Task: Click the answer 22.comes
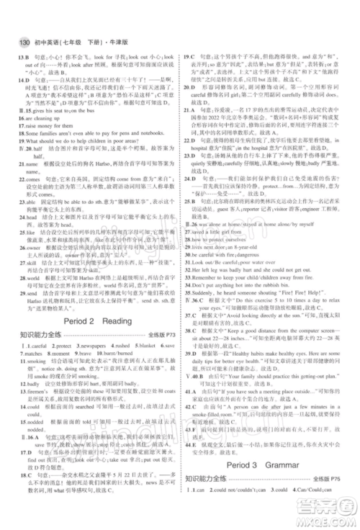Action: pos(29,192)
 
